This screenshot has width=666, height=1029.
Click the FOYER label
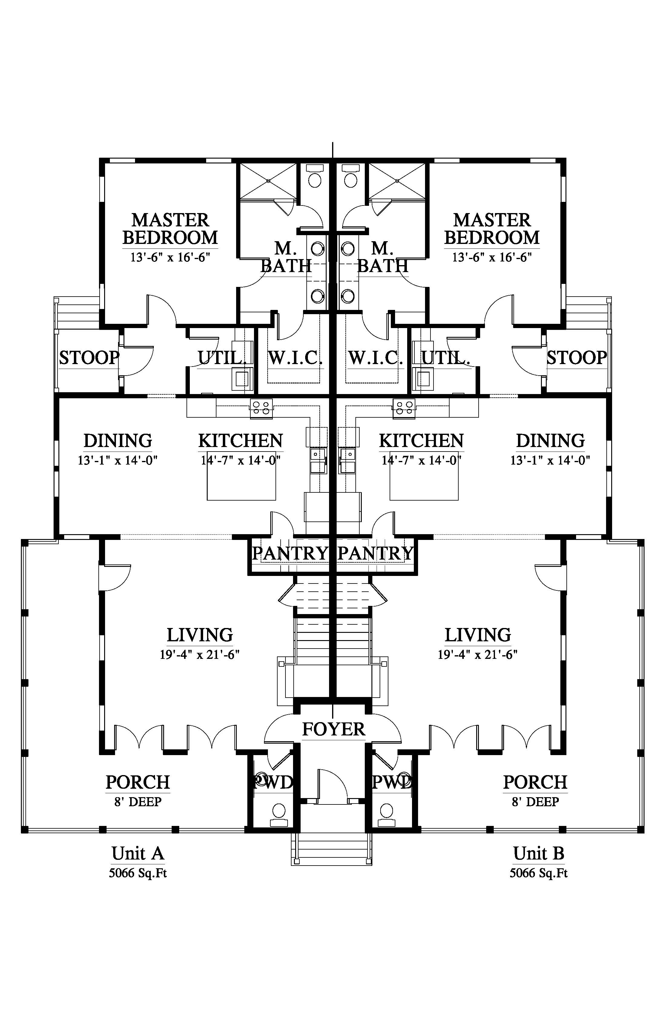[x=333, y=729]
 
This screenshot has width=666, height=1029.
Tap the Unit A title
[x=137, y=853]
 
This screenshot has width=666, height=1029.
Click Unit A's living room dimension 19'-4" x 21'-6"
[x=199, y=655]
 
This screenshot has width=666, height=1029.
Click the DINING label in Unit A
[x=118, y=441]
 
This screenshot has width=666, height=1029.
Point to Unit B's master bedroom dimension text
[x=492, y=258]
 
